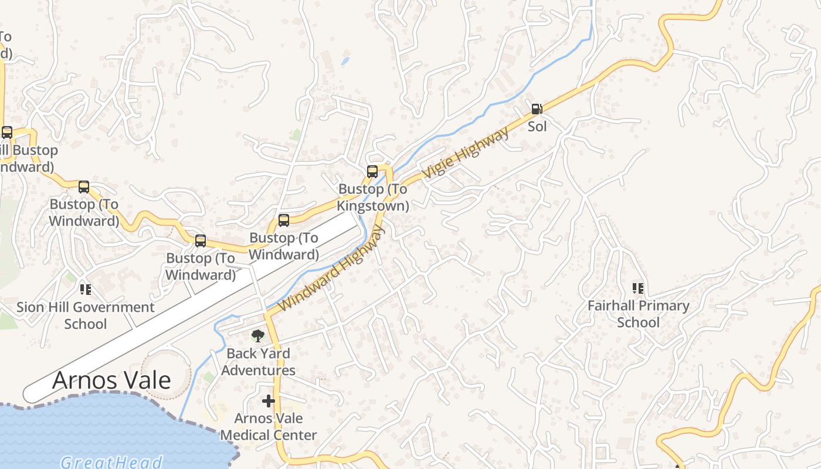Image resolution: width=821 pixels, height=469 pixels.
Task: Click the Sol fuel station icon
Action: (x=536, y=108)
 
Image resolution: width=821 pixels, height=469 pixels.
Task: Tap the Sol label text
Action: (x=537, y=126)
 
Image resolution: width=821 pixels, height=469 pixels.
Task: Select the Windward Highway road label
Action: (x=332, y=269)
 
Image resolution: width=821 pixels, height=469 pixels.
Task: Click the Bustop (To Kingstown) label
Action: (x=373, y=198)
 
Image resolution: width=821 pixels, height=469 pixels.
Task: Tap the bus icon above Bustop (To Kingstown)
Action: (x=372, y=172)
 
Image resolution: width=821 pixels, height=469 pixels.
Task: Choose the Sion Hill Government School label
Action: (x=86, y=315)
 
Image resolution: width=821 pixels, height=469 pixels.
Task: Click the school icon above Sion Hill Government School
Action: (x=86, y=289)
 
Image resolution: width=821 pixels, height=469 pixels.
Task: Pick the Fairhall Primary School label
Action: (x=639, y=314)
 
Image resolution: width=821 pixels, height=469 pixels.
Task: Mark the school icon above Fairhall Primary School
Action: (x=638, y=288)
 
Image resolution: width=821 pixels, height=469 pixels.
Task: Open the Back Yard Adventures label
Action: (x=259, y=362)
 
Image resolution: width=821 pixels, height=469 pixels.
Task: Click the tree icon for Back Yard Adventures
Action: (x=257, y=335)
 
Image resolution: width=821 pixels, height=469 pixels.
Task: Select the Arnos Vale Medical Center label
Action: (x=269, y=427)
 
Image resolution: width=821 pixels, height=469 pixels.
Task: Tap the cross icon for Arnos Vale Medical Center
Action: (x=269, y=401)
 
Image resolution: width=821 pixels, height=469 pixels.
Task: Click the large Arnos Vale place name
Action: (x=111, y=380)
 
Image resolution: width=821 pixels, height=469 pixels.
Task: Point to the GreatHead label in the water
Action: (x=111, y=462)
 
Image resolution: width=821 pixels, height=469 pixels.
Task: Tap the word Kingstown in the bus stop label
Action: (x=373, y=206)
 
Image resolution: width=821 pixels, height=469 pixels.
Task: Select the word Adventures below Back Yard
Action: (x=259, y=371)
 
